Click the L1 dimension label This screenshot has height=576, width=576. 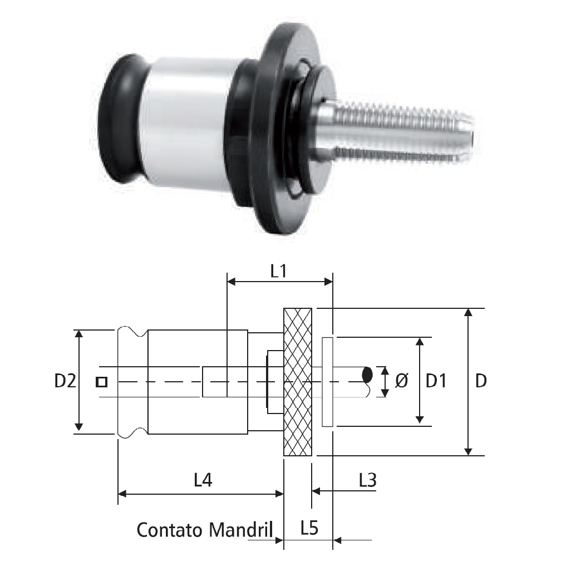click(x=278, y=272)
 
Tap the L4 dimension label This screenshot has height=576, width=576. click(x=203, y=480)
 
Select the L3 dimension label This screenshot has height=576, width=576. click(x=368, y=480)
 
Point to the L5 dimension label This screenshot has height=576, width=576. click(x=309, y=529)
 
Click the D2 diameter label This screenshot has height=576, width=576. click(x=65, y=381)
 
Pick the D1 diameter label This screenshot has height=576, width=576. click(x=436, y=381)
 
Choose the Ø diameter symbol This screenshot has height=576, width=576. click(x=401, y=381)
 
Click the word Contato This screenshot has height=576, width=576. click(x=170, y=530)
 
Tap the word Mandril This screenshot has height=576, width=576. click(x=240, y=530)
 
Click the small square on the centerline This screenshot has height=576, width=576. click(x=101, y=382)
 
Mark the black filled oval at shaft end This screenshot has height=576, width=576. click(x=367, y=375)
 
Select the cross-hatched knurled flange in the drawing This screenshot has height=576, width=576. click(x=298, y=382)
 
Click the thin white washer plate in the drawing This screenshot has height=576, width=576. click(x=327, y=382)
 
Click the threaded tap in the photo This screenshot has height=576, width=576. click(x=395, y=134)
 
